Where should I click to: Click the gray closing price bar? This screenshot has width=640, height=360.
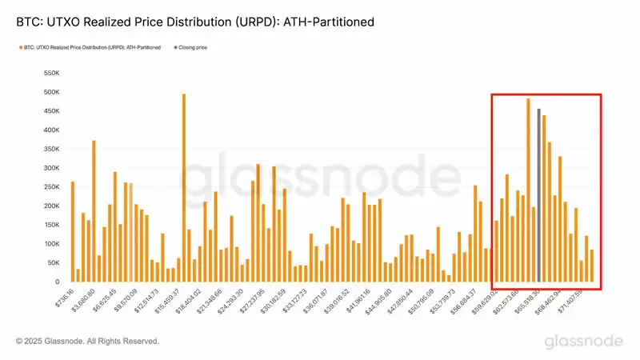(538, 196)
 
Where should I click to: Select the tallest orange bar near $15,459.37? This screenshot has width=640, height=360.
(184, 188)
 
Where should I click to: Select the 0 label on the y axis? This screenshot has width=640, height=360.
(57, 282)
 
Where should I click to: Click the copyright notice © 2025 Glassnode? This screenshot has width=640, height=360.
(87, 341)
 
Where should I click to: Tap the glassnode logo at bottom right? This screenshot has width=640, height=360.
(583, 341)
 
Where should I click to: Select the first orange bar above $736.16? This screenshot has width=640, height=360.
(72, 232)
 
